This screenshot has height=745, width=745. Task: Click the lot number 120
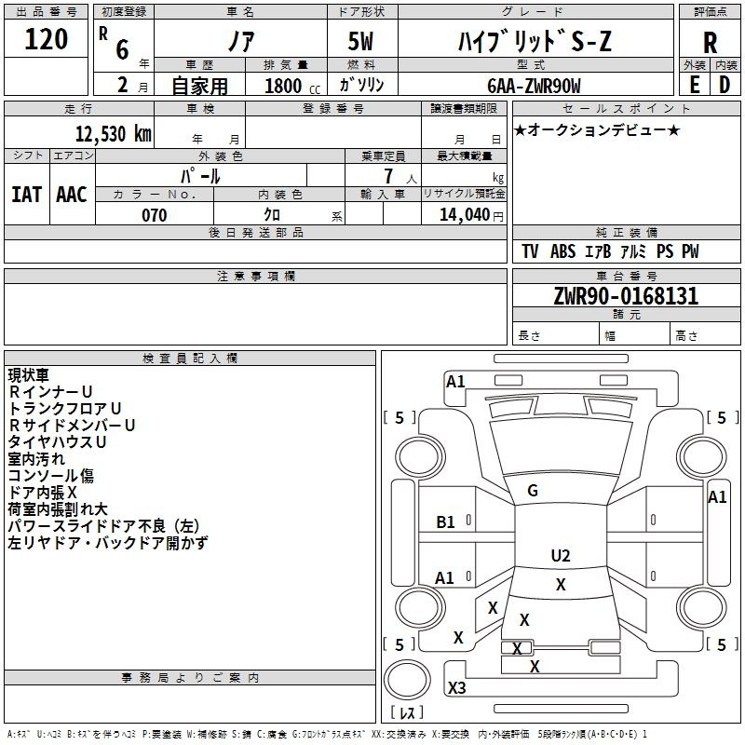pos(47,40)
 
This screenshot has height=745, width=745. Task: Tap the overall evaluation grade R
pos(711,43)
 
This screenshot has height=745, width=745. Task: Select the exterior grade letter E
pos(694,84)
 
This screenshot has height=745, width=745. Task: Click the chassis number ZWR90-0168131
pos(625,296)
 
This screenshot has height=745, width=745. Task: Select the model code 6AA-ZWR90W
pos(534,86)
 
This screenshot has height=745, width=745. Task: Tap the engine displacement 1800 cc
pos(290,86)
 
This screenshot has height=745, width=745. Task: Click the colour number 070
pos(155,215)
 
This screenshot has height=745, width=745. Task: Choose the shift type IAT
pos(26,194)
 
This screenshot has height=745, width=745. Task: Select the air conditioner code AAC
pos(72,194)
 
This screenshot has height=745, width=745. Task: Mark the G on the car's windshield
pos(533,491)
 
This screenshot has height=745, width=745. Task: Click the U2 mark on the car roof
pos(560,556)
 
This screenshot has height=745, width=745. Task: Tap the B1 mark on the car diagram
pos(446,522)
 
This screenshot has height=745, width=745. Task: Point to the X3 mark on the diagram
pos(456,688)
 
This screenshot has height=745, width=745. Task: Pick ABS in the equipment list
pos(563,251)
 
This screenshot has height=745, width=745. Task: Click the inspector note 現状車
pos(29,375)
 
